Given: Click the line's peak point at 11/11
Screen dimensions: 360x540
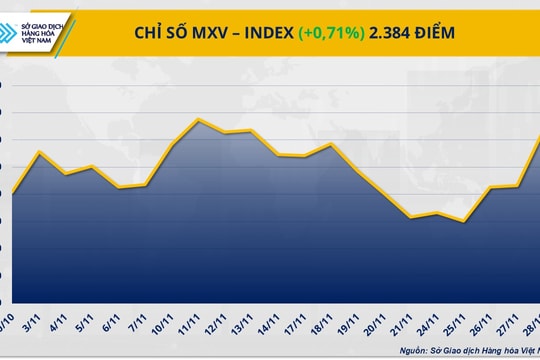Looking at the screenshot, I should click(200, 120).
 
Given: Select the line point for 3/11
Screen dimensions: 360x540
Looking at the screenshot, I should click(38, 152).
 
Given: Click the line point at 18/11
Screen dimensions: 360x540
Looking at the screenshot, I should click(330, 144).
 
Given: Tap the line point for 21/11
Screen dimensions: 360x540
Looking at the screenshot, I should click(411, 217).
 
